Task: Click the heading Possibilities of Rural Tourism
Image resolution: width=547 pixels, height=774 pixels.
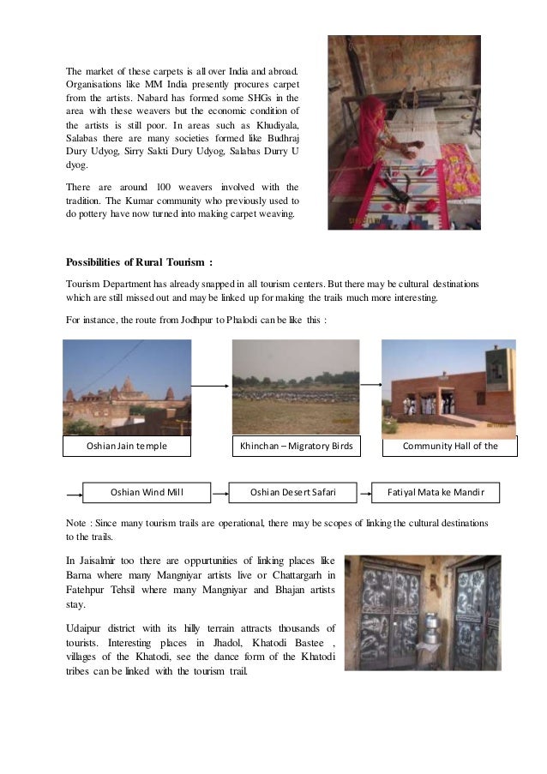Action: click(139, 261)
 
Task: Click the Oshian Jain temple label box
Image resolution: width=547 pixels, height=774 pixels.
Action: click(127, 447)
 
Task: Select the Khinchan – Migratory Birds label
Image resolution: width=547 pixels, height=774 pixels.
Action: click(296, 447)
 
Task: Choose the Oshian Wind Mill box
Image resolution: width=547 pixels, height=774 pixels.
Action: click(147, 493)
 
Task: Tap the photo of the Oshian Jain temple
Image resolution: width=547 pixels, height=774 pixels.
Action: click(128, 387)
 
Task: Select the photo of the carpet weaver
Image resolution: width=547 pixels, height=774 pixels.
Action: click(404, 133)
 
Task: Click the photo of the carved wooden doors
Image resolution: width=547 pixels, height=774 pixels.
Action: click(423, 613)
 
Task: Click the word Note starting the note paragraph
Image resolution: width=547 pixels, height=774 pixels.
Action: click(78, 522)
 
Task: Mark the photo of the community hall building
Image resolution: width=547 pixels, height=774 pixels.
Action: click(448, 387)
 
